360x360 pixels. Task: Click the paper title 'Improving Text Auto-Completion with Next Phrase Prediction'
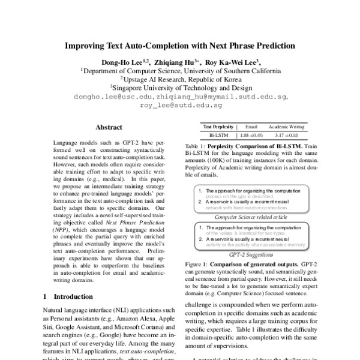pos(180,46)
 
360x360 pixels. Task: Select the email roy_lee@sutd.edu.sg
pos(180,104)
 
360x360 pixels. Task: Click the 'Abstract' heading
pos(109,127)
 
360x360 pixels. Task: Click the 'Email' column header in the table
pos(251,127)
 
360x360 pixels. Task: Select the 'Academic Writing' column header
pos(287,127)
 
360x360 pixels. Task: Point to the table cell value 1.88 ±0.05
pos(251,136)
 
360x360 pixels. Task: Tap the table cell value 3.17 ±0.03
pos(287,136)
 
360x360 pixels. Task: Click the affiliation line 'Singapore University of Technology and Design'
pos(180,87)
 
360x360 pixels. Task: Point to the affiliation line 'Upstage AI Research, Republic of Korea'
pos(180,79)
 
